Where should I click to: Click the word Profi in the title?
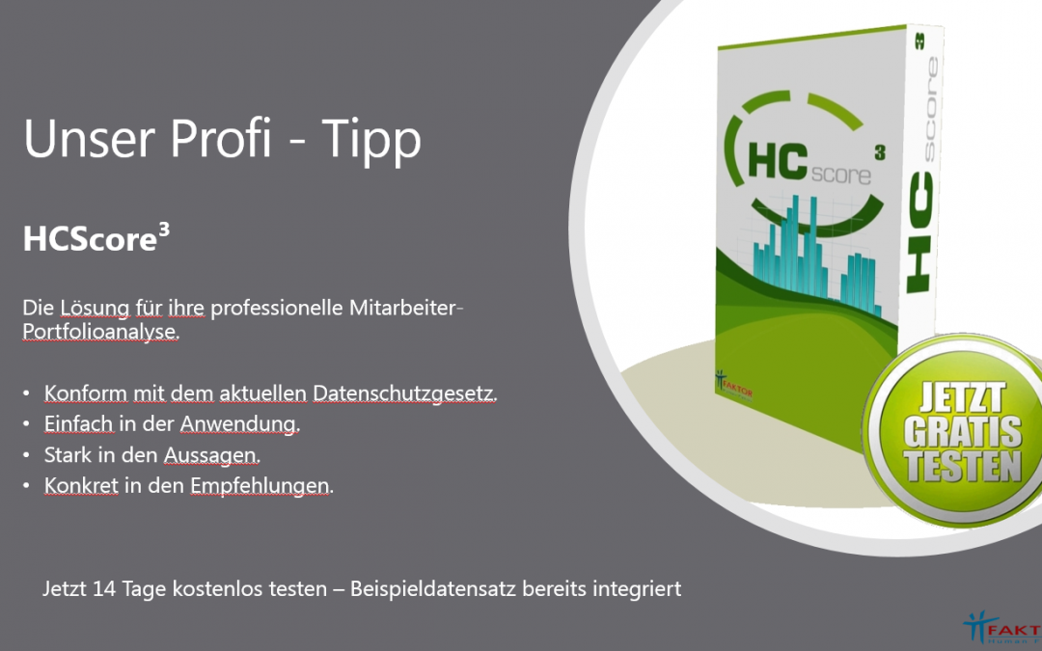(221, 138)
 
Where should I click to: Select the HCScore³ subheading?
(96, 238)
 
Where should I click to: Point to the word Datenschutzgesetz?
(404, 393)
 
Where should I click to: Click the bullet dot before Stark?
(26, 455)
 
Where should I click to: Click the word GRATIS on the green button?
(963, 432)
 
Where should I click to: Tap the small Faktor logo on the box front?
(733, 383)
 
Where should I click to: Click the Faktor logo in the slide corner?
(1002, 627)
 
